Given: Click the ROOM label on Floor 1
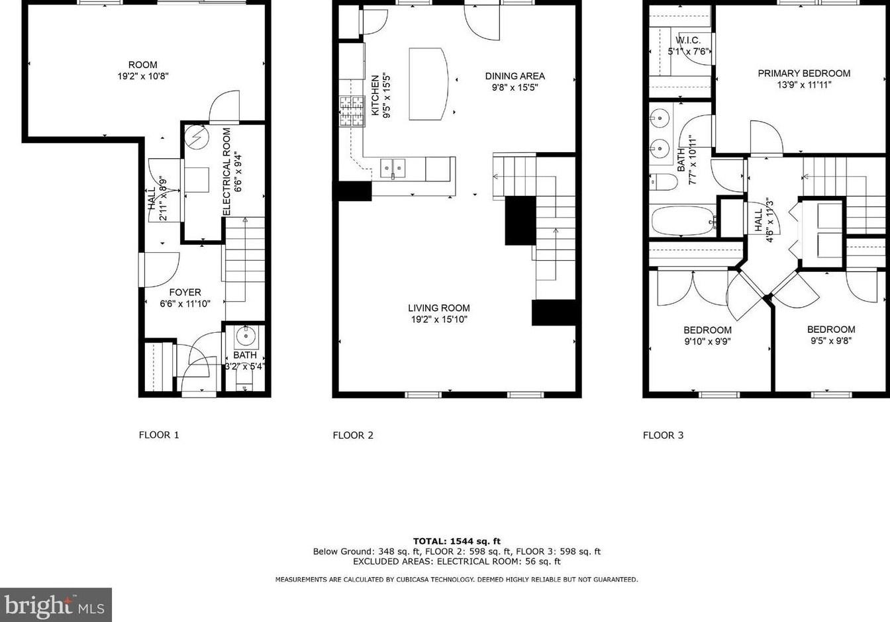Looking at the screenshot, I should coord(142,65).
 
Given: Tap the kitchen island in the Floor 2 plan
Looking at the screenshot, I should coord(427,84).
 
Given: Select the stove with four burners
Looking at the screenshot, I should coord(352,111).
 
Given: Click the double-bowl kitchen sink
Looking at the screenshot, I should coord(393,169).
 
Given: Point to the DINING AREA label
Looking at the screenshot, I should coord(515,76).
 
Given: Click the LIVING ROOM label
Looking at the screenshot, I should coord(438,308).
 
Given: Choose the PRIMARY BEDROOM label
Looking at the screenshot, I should coord(804,73).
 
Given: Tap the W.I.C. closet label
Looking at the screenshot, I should coord(688,40).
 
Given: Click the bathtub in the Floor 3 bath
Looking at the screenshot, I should coord(682,221).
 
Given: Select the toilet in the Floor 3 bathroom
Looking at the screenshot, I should coord(664,181).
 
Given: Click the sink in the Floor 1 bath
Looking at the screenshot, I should coord(246,335).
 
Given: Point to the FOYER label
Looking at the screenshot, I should coord(185,292).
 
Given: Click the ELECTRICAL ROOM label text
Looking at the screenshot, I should coord(226,171).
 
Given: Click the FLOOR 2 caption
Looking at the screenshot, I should coord(353,435).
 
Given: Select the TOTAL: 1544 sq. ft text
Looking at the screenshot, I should coord(456,541).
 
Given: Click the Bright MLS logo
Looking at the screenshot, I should coord(56,605).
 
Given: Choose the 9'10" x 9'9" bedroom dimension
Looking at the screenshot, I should coord(707,341).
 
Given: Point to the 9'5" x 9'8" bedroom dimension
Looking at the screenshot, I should coord(830,341).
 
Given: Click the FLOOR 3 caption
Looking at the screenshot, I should coord(663,435).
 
